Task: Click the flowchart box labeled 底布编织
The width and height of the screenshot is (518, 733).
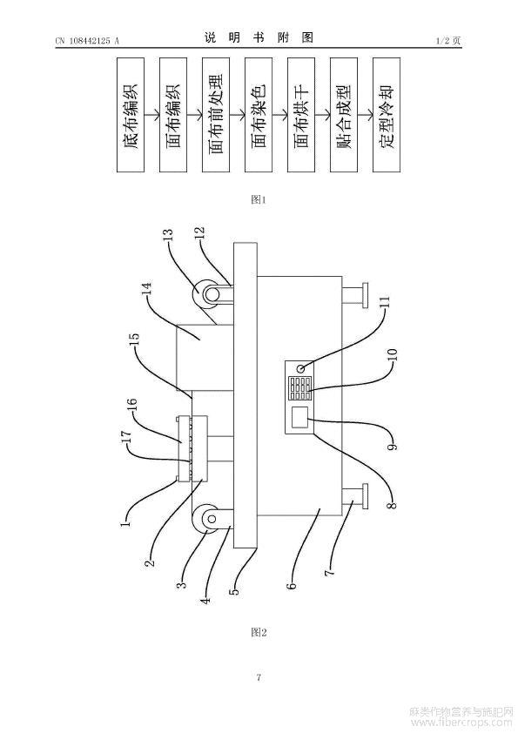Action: click(x=131, y=115)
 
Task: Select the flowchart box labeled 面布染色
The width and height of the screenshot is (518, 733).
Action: click(x=259, y=115)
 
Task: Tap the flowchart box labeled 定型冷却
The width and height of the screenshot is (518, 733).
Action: click(x=387, y=115)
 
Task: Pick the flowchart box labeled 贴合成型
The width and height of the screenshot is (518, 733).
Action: click(x=344, y=115)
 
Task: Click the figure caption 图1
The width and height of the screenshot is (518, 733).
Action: click(x=259, y=199)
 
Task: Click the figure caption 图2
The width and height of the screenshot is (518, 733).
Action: click(x=259, y=633)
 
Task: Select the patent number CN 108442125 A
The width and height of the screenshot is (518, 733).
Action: click(x=88, y=41)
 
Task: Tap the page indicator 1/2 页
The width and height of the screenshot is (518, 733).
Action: click(x=448, y=41)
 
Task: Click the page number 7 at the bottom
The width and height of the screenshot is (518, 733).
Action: click(x=259, y=677)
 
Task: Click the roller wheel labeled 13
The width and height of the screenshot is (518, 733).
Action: click(x=205, y=293)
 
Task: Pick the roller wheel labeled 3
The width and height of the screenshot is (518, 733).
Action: click(x=205, y=519)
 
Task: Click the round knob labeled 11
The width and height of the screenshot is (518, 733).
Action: click(x=301, y=368)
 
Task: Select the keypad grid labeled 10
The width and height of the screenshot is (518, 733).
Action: click(x=299, y=389)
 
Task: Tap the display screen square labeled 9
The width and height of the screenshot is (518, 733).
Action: click(x=299, y=416)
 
